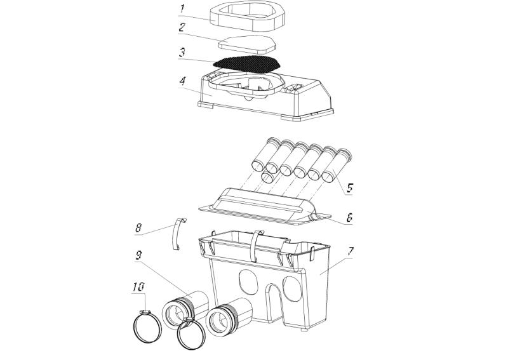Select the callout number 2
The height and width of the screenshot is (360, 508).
tap(183, 27)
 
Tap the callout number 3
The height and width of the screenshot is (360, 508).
tap(183, 53)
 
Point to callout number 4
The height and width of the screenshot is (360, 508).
tap(183, 81)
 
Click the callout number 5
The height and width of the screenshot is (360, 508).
tap(350, 187)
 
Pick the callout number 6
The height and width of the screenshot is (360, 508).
tap(349, 217)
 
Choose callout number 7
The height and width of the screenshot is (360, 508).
tap(351, 251)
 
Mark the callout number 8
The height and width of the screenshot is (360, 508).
tap(138, 227)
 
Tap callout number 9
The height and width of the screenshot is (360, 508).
tap(138, 256)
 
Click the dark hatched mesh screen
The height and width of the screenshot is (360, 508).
tap(246, 64)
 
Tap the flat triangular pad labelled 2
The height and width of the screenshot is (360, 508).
tap(248, 44)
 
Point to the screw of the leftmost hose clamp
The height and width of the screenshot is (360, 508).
tap(145, 312)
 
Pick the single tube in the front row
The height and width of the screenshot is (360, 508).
tap(269, 176)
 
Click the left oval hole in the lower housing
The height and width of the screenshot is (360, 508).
tap(248, 281)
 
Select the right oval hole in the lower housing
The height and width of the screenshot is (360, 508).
tap(292, 289)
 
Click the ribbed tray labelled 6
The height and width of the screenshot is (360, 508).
tap(265, 208)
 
